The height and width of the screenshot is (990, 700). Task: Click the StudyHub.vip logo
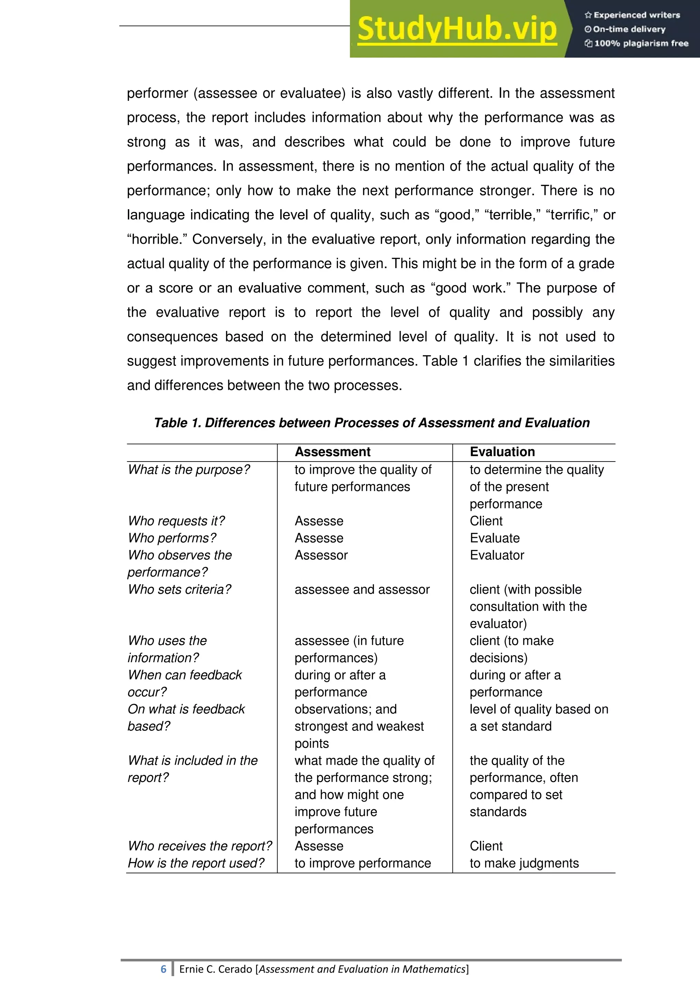[x=457, y=29]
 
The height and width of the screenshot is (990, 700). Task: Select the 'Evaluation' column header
[x=502, y=452]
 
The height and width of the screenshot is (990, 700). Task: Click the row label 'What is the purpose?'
[x=189, y=470]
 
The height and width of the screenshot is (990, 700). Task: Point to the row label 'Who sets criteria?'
[x=180, y=589]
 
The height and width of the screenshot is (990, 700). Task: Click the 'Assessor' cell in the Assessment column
[x=321, y=556]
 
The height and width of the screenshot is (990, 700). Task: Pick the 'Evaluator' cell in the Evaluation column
[x=497, y=556]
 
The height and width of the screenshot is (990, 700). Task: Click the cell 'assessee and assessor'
[x=362, y=589]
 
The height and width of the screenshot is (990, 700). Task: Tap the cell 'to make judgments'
[x=524, y=863]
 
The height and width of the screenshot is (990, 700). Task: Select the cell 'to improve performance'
[x=363, y=863]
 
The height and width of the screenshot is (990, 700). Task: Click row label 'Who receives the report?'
[x=200, y=846]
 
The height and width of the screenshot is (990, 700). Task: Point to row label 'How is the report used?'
[x=196, y=863]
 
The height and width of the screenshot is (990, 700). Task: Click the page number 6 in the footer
[x=163, y=969]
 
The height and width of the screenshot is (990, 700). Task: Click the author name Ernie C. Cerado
[x=216, y=969]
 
